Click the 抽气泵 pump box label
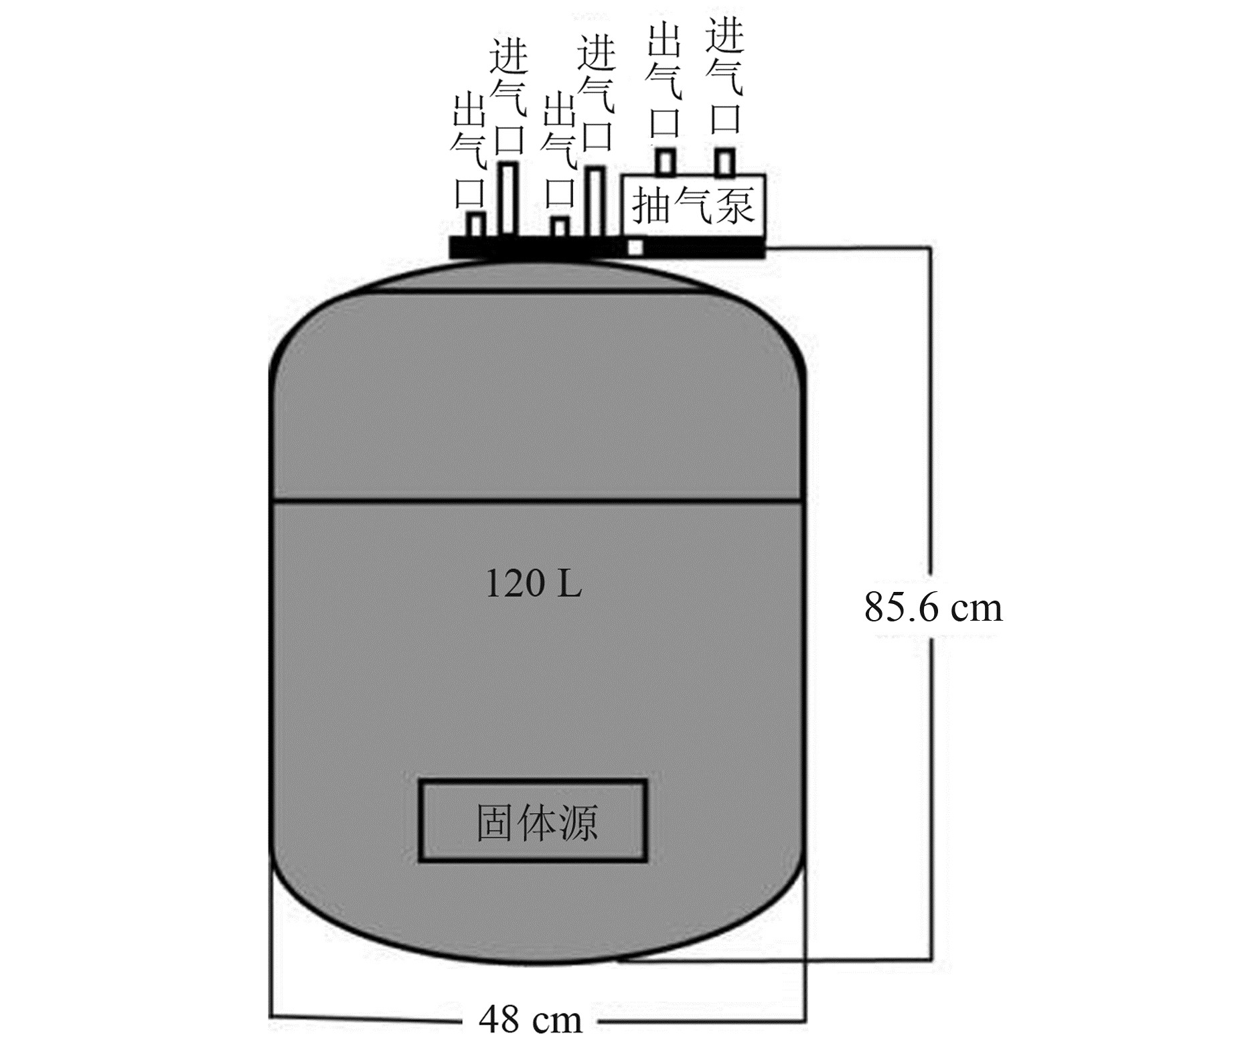(x=693, y=205)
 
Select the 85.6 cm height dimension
(x=933, y=607)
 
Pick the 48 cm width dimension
(x=530, y=1020)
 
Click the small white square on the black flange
(x=635, y=247)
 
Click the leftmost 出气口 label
(x=469, y=151)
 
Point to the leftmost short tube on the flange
(x=475, y=225)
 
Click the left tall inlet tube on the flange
(x=509, y=198)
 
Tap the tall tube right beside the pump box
(x=595, y=201)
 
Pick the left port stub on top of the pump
(x=665, y=162)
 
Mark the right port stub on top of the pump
(x=724, y=162)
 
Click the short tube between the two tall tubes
(x=560, y=227)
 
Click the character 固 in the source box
(x=495, y=822)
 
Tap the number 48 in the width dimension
(x=499, y=1020)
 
